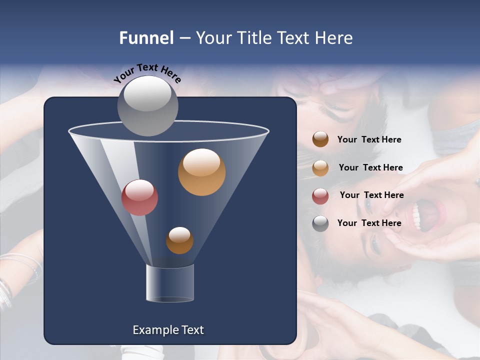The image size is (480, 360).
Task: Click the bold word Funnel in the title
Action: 146,38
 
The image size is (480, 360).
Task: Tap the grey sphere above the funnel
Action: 147,105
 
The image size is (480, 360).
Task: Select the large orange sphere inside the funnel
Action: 201,172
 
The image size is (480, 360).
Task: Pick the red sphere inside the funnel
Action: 139,197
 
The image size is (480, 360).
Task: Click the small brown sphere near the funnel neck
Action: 179,240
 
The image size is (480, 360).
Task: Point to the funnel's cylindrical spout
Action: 170,283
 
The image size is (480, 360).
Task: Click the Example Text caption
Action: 168,330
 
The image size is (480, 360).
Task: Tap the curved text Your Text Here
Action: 147,72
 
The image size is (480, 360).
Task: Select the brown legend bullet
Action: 320,139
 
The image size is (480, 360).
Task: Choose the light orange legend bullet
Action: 320,167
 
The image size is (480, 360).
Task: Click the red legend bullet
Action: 320,195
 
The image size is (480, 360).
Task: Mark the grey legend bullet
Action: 320,223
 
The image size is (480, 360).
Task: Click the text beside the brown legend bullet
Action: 369,140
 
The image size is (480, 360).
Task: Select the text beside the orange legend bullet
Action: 370,167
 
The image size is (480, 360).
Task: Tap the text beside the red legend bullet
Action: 371,195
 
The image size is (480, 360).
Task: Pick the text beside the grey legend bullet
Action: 369,223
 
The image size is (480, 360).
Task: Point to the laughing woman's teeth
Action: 416,216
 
